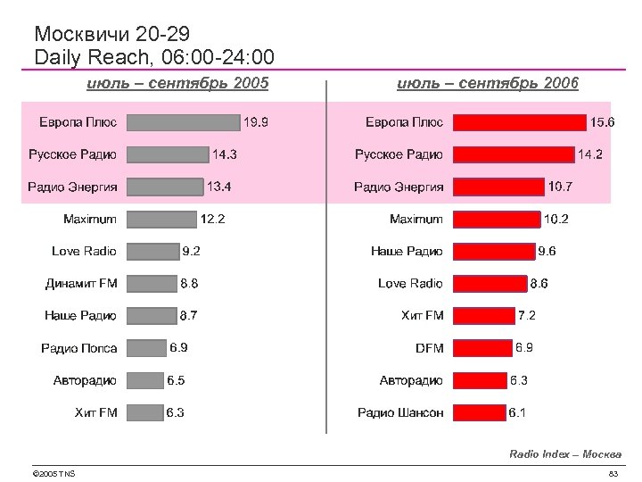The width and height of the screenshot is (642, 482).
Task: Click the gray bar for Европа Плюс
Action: pyautogui.click(x=184, y=122)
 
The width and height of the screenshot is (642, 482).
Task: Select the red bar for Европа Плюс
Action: pyautogui.click(x=519, y=122)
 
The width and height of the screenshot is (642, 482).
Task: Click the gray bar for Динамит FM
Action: pyautogui.click(x=152, y=284)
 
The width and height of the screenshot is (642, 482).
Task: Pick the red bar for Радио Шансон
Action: pyautogui.click(x=479, y=412)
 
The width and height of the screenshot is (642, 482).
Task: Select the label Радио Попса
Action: pyautogui.click(x=78, y=348)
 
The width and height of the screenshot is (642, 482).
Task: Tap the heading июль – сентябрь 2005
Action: pyautogui.click(x=177, y=83)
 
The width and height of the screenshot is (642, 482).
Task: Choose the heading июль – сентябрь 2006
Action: pyautogui.click(x=488, y=83)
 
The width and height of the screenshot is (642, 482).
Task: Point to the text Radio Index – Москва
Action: pyautogui.click(x=565, y=454)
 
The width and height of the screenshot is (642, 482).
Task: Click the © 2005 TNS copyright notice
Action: pyautogui.click(x=53, y=473)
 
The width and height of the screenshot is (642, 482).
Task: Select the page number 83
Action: pyautogui.click(x=613, y=473)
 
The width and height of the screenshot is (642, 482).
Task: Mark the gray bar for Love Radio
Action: pyautogui.click(x=152, y=252)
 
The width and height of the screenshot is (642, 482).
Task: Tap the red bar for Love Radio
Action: pyautogui.click(x=490, y=284)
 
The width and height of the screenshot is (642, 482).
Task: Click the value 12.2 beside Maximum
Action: pyautogui.click(x=212, y=219)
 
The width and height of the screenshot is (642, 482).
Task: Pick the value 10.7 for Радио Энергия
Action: pyautogui.click(x=561, y=187)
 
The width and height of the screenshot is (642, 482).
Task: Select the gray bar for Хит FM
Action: pyautogui.click(x=144, y=412)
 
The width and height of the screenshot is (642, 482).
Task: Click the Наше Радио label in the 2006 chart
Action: pyautogui.click(x=407, y=252)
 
